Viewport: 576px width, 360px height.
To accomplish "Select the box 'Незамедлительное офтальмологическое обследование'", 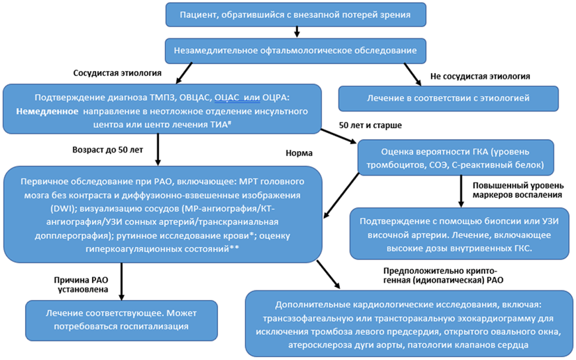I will click(296, 50).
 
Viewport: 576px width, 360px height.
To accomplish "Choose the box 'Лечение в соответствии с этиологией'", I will click(448, 98).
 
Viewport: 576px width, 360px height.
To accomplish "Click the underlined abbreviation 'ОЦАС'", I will click(228, 97).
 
